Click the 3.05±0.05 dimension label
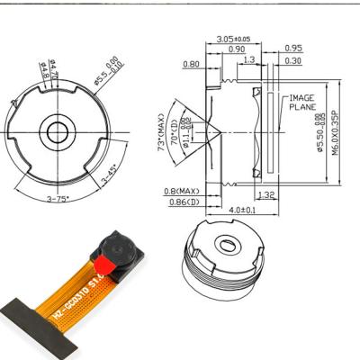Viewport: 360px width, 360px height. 234,39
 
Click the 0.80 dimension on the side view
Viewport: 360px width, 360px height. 191,64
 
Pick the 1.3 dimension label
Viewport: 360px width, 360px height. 249,60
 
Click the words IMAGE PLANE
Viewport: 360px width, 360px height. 301,102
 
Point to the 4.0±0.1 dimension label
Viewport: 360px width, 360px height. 242,211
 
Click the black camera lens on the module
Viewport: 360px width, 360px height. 117,244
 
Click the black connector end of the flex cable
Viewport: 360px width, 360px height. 36,328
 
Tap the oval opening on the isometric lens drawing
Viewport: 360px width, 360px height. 229,244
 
